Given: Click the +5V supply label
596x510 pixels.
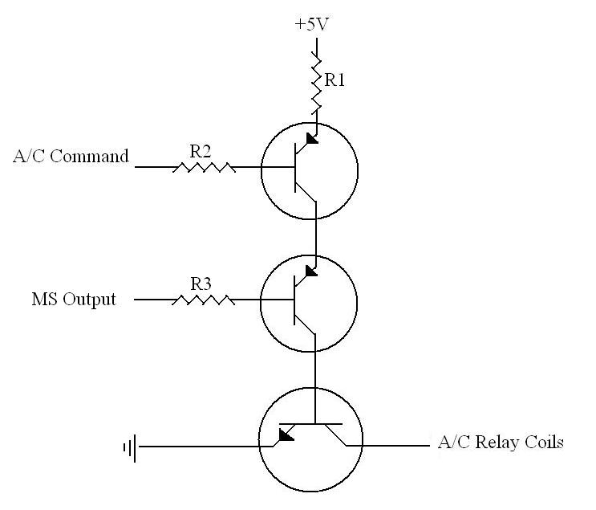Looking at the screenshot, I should [x=312, y=24].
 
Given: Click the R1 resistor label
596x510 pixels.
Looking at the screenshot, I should [x=334, y=80].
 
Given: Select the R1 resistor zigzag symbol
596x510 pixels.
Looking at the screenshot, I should [x=317, y=83].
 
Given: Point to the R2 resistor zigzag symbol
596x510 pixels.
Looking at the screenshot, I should [x=204, y=167].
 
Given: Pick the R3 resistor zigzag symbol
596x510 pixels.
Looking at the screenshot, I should [x=204, y=300].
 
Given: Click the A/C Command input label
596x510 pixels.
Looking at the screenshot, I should [x=71, y=157].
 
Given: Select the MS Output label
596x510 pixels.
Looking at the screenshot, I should [x=74, y=300].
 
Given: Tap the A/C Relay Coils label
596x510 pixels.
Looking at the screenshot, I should [x=501, y=442].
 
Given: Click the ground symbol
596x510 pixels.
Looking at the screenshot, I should [x=129, y=446].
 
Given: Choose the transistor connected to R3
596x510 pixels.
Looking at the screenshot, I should [x=309, y=302].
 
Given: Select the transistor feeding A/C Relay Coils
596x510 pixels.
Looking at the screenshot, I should [x=310, y=441].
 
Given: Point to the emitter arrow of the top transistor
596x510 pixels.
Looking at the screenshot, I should [x=310, y=138].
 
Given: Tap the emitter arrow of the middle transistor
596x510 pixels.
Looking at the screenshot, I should [x=310, y=271].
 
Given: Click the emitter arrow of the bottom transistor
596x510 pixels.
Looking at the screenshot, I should [x=284, y=435].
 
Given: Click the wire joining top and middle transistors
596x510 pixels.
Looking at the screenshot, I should [x=317, y=237].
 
